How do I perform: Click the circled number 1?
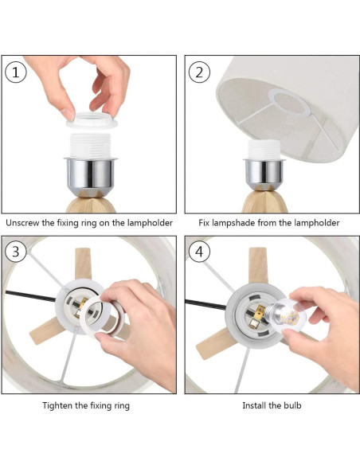(16, 72)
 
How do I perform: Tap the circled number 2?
(199, 72)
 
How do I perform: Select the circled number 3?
(16, 252)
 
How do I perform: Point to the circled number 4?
(199, 252)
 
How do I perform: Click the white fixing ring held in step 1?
(92, 120)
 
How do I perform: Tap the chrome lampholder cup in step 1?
(91, 175)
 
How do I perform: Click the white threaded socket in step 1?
(91, 146)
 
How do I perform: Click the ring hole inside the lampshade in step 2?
(289, 102)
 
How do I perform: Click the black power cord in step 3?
(30, 296)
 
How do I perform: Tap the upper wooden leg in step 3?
(83, 264)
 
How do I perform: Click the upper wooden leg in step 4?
(258, 265)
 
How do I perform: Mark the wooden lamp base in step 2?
(264, 201)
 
